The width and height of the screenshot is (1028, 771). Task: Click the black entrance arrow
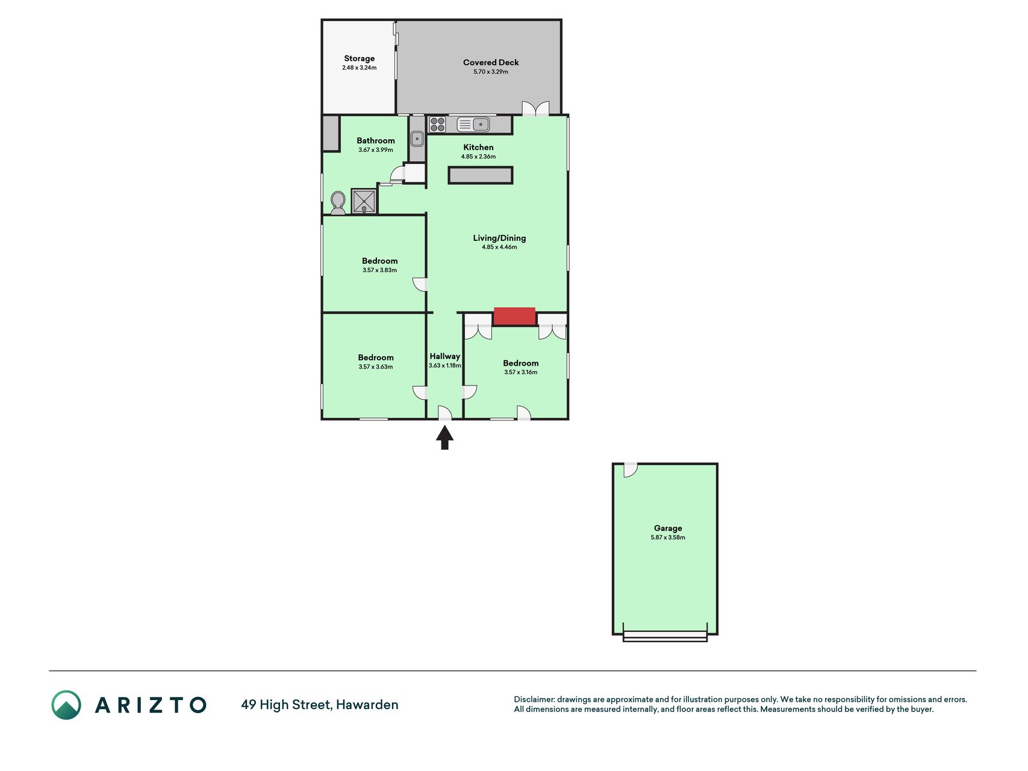click(444, 437)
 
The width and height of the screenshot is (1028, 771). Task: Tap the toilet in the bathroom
click(338, 203)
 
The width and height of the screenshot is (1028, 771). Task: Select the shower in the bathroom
click(364, 201)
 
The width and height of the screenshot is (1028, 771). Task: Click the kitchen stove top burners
click(437, 124)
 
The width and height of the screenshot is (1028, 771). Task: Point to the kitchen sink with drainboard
click(473, 124)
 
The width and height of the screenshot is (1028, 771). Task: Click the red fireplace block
click(514, 316)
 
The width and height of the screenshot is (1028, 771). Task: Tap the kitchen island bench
click(481, 175)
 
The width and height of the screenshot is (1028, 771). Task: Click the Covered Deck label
click(491, 62)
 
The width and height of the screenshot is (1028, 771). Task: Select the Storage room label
click(360, 58)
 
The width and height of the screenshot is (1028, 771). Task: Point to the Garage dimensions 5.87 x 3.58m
click(668, 537)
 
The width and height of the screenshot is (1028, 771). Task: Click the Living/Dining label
click(499, 238)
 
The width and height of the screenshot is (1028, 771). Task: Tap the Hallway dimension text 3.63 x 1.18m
click(445, 366)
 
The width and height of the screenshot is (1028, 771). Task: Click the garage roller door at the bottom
click(665, 635)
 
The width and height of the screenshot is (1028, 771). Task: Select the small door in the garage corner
click(630, 469)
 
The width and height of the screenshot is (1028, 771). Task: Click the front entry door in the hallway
click(444, 413)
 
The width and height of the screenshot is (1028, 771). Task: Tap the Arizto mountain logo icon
click(66, 705)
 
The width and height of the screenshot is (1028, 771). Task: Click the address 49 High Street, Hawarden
click(320, 705)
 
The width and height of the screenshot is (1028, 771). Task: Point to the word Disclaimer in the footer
click(534, 699)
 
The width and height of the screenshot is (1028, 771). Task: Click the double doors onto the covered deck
click(535, 108)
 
